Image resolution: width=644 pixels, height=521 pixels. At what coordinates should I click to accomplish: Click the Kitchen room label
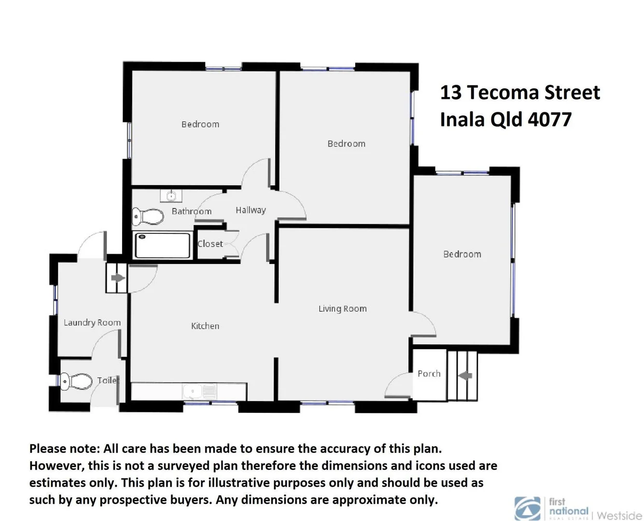tap(205, 326)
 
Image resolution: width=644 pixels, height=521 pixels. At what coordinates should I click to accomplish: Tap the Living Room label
tap(342, 309)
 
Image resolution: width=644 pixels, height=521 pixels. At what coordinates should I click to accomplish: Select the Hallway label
tap(251, 210)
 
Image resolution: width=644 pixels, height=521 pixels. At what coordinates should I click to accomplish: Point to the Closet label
tap(210, 244)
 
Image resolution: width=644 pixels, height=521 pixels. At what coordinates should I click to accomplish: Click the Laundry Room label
tap(92, 322)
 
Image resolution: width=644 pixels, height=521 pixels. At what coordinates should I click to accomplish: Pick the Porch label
tap(429, 373)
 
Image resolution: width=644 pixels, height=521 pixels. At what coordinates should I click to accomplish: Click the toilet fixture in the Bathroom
tap(148, 217)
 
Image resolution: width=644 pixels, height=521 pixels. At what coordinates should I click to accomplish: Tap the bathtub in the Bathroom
tap(163, 246)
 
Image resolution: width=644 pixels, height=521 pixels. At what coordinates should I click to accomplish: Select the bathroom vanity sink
tap(171, 196)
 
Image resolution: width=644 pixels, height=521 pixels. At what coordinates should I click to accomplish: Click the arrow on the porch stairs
tap(465, 375)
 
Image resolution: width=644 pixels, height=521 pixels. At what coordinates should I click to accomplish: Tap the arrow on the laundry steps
tap(117, 278)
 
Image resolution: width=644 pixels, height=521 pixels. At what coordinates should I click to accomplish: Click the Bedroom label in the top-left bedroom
tap(200, 124)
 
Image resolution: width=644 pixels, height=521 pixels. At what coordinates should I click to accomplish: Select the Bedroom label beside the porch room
tap(462, 254)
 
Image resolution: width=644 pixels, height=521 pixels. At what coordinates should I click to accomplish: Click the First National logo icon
tap(528, 508)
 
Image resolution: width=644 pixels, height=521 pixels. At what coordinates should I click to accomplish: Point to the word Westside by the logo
tap(619, 515)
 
